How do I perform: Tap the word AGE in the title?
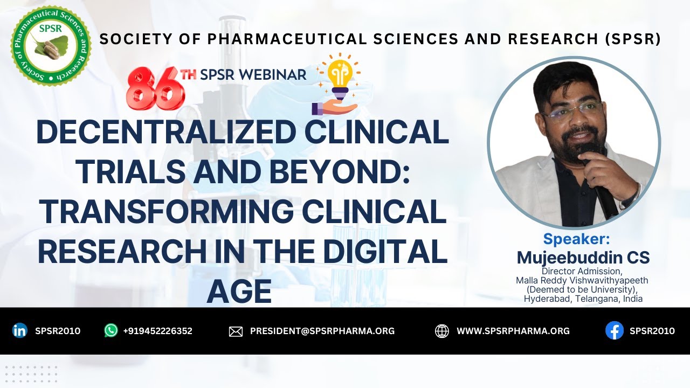coord(239,292)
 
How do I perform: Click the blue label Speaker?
coord(576,239)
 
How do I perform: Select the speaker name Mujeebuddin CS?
coord(583,257)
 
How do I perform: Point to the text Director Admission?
coord(582,271)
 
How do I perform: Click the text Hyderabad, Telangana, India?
coord(583,299)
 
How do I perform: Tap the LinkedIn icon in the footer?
coord(19,331)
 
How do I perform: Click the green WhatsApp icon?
coord(111,331)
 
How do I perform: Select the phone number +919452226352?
coord(157,331)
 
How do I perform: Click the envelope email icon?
coord(236,331)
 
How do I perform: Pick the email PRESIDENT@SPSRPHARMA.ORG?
coord(322,331)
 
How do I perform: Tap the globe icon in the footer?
coord(442,331)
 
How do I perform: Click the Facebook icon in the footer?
coord(614,331)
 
